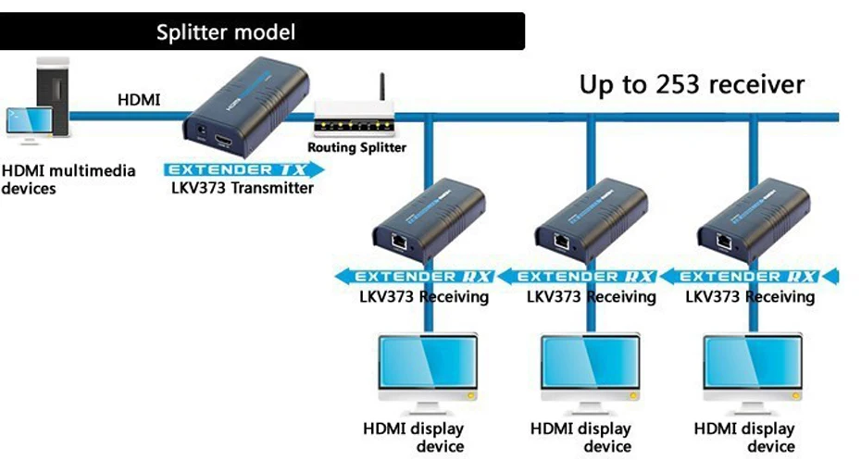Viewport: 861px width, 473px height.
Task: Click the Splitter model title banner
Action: [262, 31]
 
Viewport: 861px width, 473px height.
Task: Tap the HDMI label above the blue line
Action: [139, 99]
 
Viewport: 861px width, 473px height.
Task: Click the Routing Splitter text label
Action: [356, 147]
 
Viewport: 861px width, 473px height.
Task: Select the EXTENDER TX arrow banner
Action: [243, 169]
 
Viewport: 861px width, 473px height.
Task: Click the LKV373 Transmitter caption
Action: [243, 188]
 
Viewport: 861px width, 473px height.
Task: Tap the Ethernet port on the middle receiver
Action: [562, 241]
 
